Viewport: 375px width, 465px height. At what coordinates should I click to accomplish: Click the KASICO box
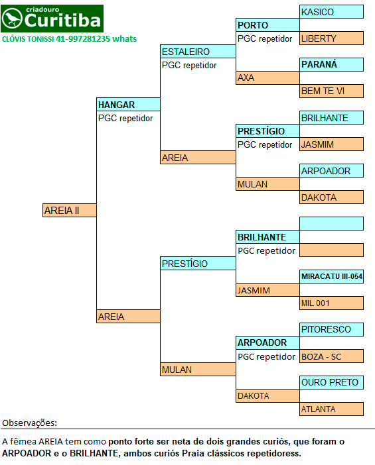pos(331,12)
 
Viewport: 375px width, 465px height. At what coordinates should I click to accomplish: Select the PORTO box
pos(267,25)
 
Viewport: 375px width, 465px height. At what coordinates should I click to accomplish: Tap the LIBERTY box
pos(331,38)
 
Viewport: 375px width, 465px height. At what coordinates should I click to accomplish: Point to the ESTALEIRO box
pos(198,52)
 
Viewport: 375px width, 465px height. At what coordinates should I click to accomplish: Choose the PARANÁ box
pos(331,65)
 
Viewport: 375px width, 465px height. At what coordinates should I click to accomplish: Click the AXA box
pos(267,77)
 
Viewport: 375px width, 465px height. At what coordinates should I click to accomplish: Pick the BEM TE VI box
pos(331,91)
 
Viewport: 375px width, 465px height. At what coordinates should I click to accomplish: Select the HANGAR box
pos(128,105)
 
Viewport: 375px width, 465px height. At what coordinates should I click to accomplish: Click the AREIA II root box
pos(70,210)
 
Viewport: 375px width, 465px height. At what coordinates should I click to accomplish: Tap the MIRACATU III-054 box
pos(331,276)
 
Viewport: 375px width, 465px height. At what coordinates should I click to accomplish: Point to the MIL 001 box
pos(331,303)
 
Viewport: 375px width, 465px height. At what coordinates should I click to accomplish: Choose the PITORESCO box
pos(331,329)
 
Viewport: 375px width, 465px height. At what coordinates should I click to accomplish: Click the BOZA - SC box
pos(331,356)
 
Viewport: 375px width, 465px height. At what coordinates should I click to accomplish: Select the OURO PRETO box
pos(331,382)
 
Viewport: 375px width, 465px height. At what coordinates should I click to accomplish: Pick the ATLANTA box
pos(331,409)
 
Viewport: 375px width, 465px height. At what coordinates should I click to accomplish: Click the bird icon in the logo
pos(12,19)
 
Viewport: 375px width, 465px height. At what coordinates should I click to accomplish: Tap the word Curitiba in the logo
pos(62,20)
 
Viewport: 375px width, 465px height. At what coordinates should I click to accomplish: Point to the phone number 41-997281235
pos(83,39)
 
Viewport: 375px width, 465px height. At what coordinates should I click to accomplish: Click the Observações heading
pos(29,423)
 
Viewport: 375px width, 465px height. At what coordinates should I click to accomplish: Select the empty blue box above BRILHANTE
pos(331,224)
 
